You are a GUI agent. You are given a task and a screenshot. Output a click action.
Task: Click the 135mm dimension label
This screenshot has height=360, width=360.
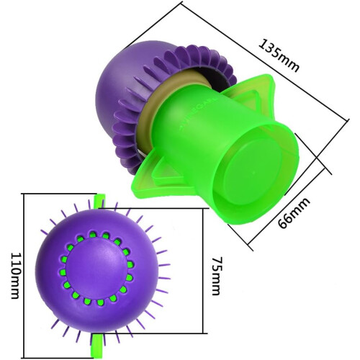click(279, 55)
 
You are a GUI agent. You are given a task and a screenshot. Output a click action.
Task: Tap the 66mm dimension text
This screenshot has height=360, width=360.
click(294, 213)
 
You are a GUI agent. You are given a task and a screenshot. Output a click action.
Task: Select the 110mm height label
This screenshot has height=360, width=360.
click(16, 276)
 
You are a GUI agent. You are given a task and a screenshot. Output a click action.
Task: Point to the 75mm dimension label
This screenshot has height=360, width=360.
click(217, 276)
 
